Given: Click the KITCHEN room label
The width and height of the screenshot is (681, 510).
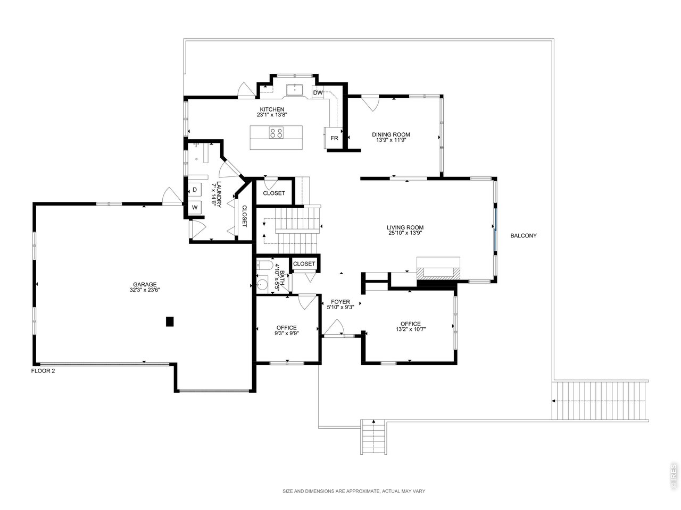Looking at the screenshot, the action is [x=272, y=109].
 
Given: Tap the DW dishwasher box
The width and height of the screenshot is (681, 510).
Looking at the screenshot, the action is [x=318, y=92].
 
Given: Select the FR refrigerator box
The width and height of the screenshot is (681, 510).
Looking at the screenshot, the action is [x=334, y=138].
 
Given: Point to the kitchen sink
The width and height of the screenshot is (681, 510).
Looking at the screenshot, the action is [x=294, y=89].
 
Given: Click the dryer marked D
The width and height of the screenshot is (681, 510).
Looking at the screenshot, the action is [x=195, y=190].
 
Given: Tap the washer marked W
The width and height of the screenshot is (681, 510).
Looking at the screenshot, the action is [x=195, y=208].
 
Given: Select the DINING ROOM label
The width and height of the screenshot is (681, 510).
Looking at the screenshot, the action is [x=391, y=134].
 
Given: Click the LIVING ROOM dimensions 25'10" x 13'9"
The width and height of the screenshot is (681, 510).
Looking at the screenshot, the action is [x=405, y=233].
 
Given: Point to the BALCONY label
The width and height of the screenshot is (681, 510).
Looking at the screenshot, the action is [x=524, y=236].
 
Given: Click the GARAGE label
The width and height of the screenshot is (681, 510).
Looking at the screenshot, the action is [x=145, y=284].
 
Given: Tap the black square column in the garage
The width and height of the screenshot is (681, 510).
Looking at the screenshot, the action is [x=170, y=321].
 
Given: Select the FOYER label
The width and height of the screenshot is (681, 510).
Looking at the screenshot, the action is [x=340, y=302].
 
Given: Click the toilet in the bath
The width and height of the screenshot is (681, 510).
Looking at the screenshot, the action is [x=263, y=266].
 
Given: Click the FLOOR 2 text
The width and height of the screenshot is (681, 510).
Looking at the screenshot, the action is [x=43, y=371].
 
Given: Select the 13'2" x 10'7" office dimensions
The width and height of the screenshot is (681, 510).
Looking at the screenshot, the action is [x=410, y=329].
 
